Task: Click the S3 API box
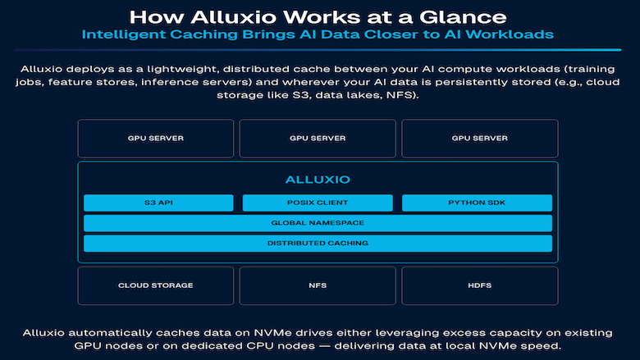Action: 158,203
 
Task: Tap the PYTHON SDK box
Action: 477,203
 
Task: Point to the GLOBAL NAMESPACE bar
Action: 318,223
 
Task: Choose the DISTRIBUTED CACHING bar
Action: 318,244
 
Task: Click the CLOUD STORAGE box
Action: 156,285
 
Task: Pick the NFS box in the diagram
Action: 318,285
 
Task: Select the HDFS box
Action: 479,285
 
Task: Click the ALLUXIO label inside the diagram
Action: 318,179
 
